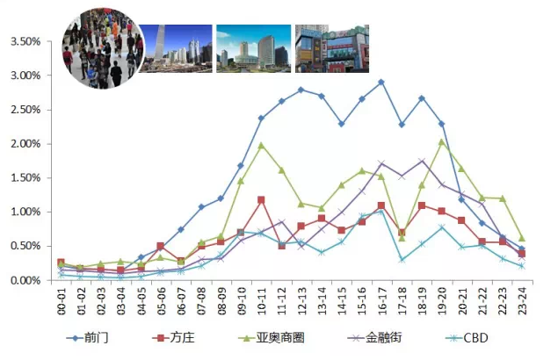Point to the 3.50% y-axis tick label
click(25, 42)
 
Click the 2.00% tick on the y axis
click(25, 144)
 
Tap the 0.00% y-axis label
click(25, 280)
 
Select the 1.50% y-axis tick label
click(25, 178)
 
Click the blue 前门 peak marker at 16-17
click(381, 83)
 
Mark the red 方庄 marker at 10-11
click(261, 200)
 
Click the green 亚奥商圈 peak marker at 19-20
click(441, 142)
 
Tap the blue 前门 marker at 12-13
click(301, 90)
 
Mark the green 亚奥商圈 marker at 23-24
click(521, 239)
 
